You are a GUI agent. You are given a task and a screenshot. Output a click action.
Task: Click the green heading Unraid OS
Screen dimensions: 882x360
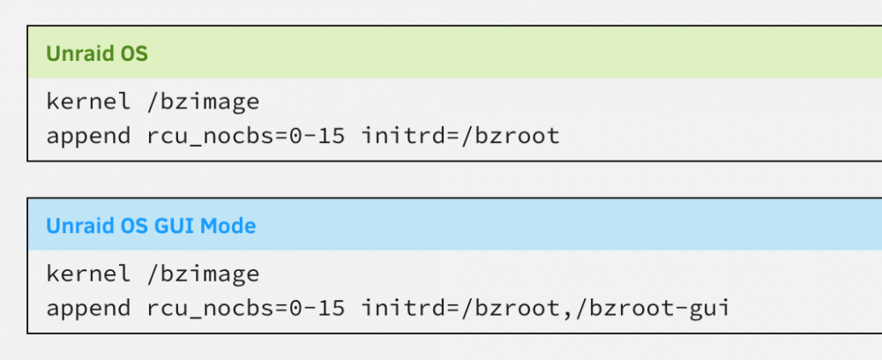point(97,54)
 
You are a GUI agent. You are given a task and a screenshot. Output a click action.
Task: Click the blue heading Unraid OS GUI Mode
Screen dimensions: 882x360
point(151,226)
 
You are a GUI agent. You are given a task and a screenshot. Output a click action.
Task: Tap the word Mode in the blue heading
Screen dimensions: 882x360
point(228,226)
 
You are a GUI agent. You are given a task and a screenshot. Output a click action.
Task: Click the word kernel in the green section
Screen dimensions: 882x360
point(88,101)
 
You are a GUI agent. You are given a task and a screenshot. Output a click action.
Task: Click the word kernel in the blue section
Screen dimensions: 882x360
point(88,274)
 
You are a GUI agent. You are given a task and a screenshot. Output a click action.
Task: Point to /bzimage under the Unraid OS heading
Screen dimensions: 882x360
point(203,101)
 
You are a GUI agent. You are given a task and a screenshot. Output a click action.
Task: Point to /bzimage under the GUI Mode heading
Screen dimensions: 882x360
point(203,274)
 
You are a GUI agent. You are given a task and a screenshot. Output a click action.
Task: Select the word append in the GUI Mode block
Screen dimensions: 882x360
point(88,309)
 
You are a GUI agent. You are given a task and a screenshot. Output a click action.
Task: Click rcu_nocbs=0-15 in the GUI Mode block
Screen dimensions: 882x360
point(245,309)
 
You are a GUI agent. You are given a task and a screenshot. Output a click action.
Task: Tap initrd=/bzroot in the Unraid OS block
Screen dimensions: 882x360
point(460,136)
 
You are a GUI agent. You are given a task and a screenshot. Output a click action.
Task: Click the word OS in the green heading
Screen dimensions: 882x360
point(134,54)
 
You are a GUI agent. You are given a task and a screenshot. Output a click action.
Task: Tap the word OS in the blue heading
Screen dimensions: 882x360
point(134,226)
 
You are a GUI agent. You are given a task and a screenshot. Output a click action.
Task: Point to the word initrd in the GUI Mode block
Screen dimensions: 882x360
point(403,307)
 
